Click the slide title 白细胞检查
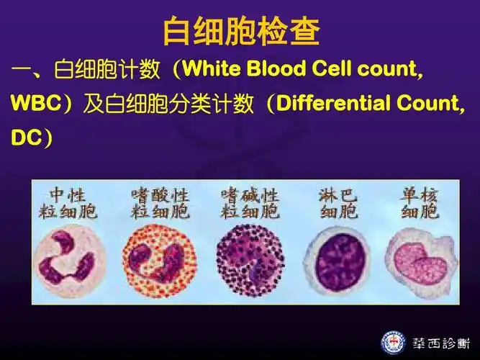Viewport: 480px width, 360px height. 240,30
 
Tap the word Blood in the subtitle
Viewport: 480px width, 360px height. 278,70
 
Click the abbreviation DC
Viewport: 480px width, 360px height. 24,137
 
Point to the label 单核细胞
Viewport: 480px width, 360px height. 420,203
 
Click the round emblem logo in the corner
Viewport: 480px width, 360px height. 393,341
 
